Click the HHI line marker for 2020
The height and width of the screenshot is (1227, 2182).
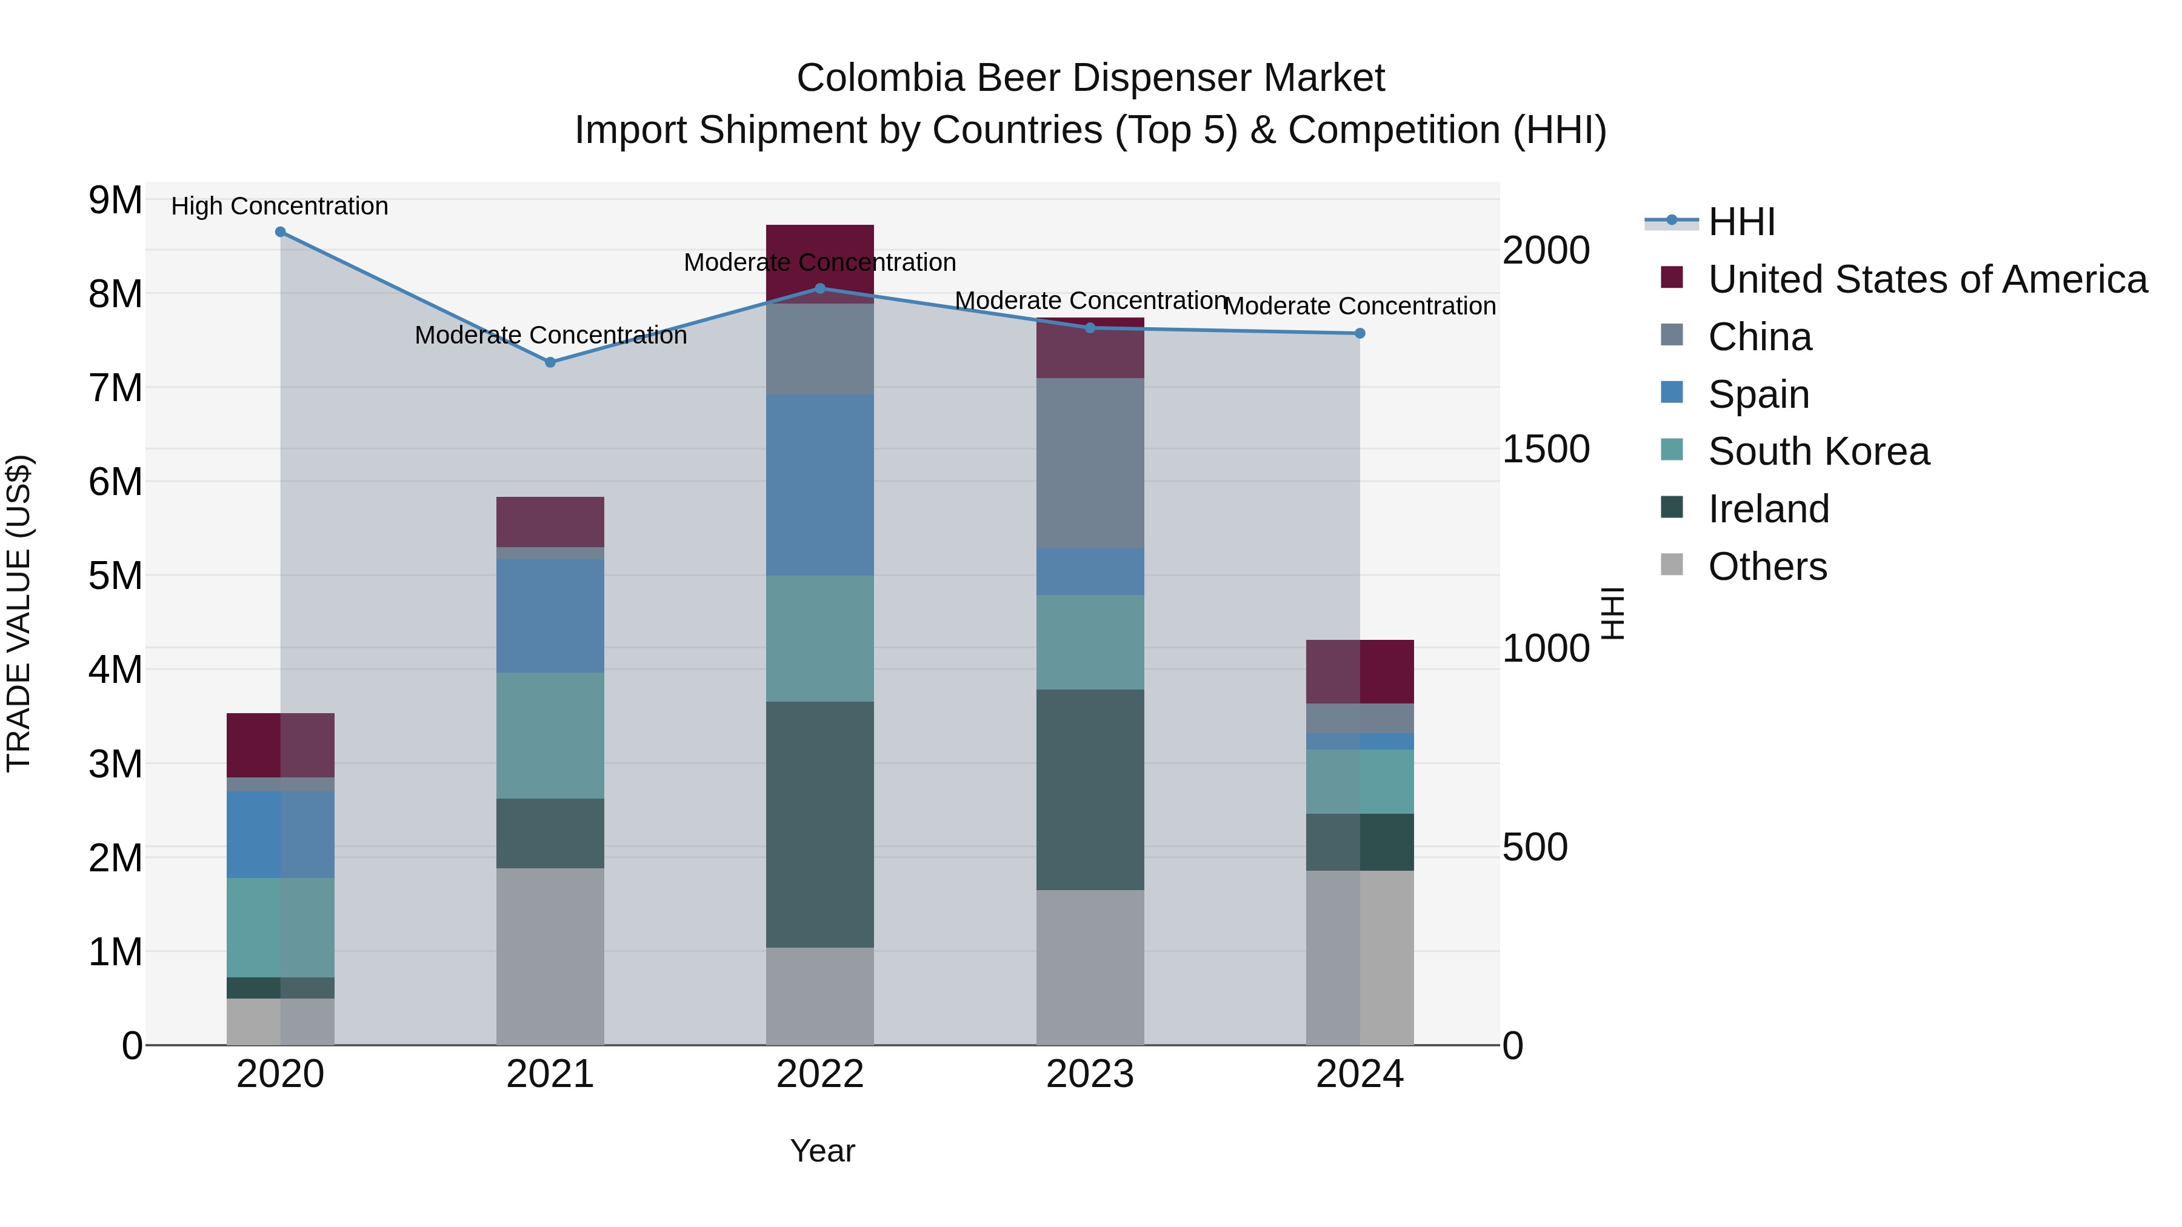click(x=281, y=232)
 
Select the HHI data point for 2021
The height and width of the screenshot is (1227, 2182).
click(x=550, y=362)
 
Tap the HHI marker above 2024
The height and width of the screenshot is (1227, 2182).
click(x=1360, y=334)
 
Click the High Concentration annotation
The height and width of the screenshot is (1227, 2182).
click(x=279, y=206)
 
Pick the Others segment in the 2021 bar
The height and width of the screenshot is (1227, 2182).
click(x=550, y=956)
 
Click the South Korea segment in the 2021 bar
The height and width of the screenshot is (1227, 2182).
click(x=550, y=735)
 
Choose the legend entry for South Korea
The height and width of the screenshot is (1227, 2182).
click(x=1818, y=451)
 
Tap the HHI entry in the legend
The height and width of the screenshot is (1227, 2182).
click(x=1741, y=222)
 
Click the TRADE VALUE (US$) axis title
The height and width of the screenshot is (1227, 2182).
click(x=19, y=613)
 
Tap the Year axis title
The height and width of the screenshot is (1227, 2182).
click(x=822, y=1151)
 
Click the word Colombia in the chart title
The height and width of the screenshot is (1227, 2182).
click(x=880, y=78)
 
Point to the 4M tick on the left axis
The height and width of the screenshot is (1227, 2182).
click(x=115, y=670)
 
